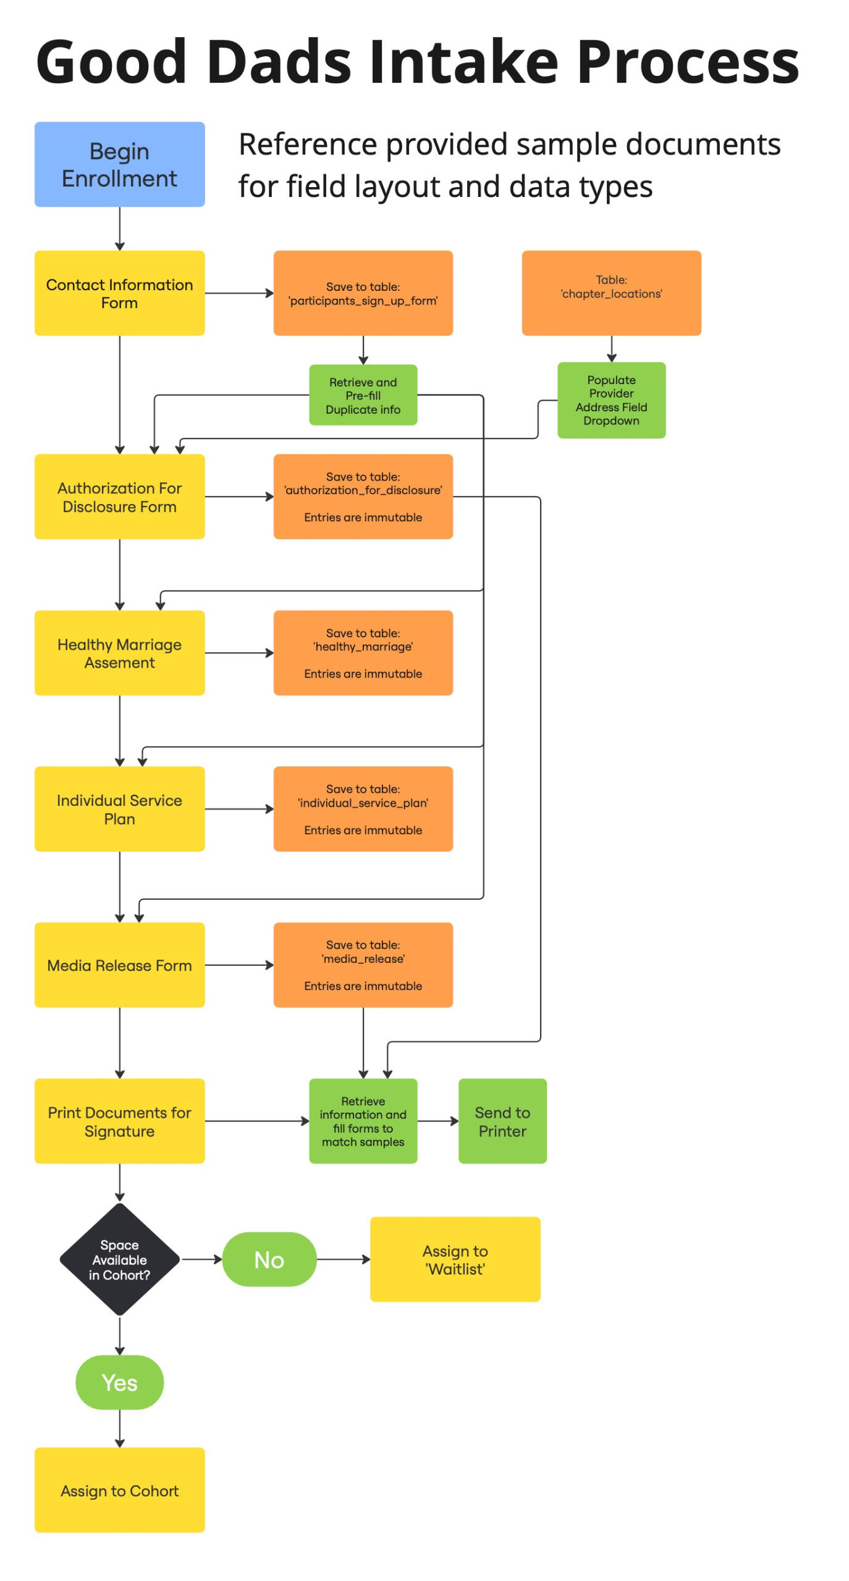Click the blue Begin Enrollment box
tap(119, 164)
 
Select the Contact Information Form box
tap(119, 293)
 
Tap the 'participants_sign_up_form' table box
tap(363, 293)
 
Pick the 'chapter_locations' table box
tap(610, 293)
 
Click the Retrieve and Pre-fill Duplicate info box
tap(363, 395)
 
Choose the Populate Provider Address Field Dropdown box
tap(610, 400)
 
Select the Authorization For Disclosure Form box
tap(119, 497)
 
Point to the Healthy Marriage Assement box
tap(119, 653)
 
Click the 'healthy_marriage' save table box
tap(363, 653)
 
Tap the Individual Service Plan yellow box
tap(119, 809)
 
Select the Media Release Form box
tap(119, 965)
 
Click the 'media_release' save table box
tap(363, 965)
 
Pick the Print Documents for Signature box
tap(119, 1121)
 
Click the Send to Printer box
tap(502, 1121)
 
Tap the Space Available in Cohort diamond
tap(119, 1259)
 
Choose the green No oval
tap(269, 1259)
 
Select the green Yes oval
tap(119, 1382)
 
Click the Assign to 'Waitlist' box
tap(455, 1259)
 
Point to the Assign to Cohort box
tap(119, 1490)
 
